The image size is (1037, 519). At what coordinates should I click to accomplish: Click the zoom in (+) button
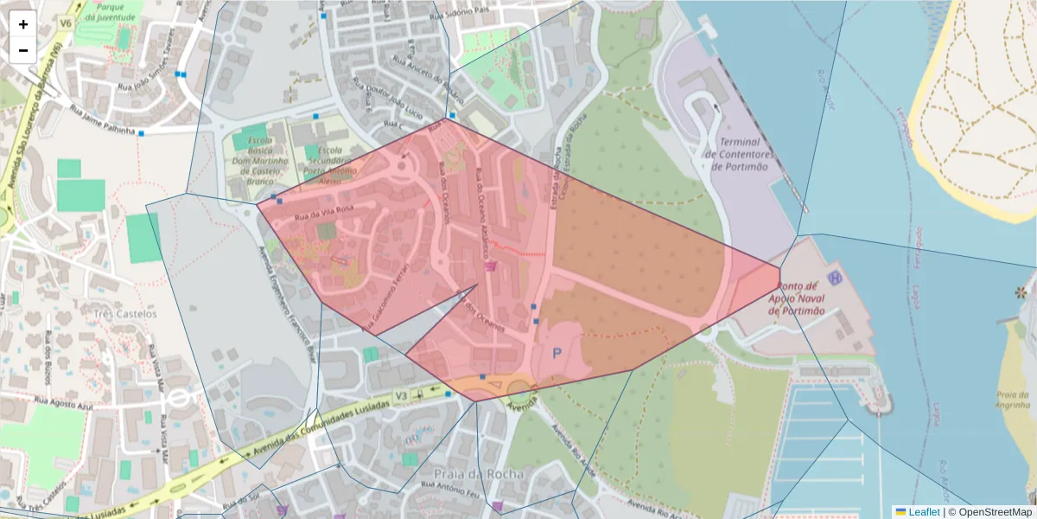click(x=23, y=24)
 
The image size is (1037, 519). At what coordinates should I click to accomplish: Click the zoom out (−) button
click(x=23, y=50)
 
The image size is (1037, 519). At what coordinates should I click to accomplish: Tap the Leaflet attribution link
click(x=923, y=512)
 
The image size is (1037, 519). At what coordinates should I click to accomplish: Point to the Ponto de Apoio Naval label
click(x=796, y=298)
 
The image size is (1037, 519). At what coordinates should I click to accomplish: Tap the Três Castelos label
click(x=125, y=314)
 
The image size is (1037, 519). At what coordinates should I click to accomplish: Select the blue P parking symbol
click(x=557, y=353)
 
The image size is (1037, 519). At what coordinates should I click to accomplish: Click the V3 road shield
click(x=401, y=395)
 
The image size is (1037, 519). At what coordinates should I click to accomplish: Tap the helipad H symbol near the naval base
click(x=835, y=278)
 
